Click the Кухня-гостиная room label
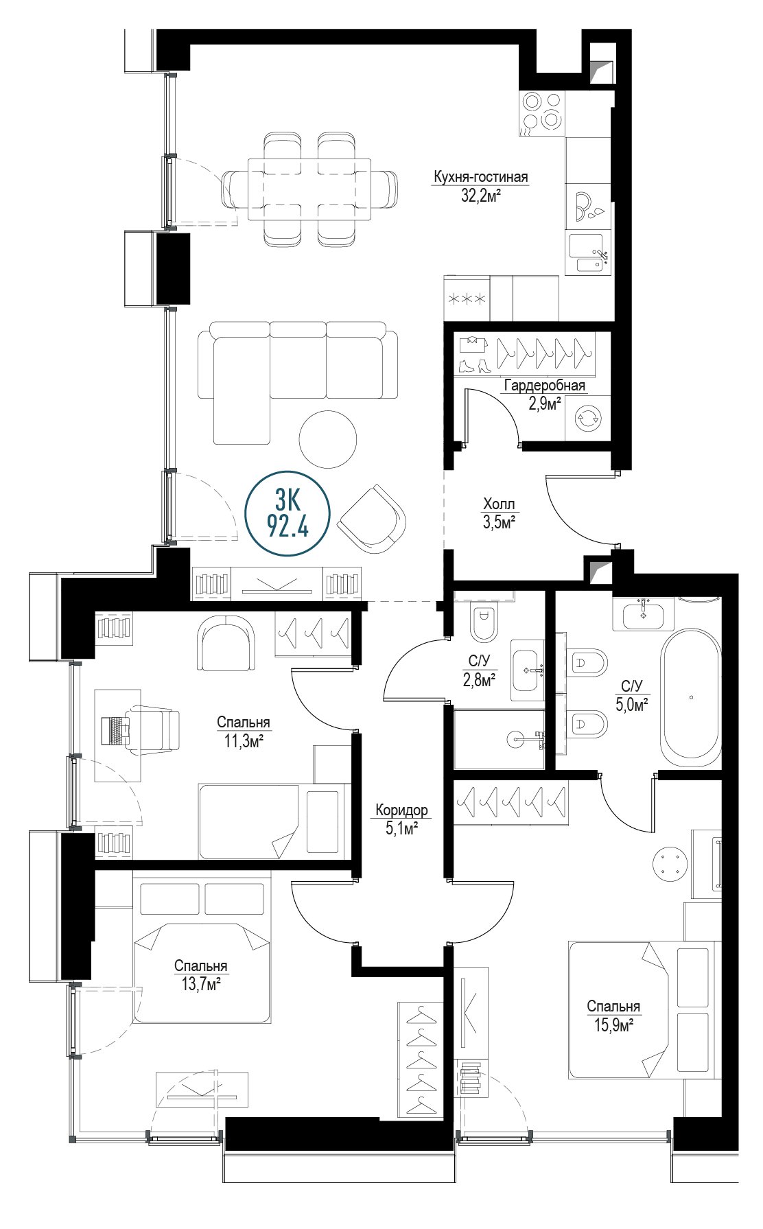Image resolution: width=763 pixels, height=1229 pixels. (480, 177)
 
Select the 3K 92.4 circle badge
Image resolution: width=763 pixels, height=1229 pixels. (287, 513)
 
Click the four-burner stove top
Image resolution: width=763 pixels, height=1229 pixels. (542, 112)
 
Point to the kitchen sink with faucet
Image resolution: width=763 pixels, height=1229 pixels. (589, 253)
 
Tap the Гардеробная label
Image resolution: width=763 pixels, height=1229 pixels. (545, 386)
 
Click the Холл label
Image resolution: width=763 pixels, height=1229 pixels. (499, 504)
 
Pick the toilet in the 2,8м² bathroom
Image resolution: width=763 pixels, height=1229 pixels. (484, 622)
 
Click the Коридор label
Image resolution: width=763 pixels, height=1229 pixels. (401, 810)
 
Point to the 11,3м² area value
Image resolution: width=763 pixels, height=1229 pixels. (243, 741)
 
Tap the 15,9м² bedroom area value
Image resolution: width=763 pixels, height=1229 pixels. (613, 1025)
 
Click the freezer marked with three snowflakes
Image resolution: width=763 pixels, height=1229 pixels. (467, 299)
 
